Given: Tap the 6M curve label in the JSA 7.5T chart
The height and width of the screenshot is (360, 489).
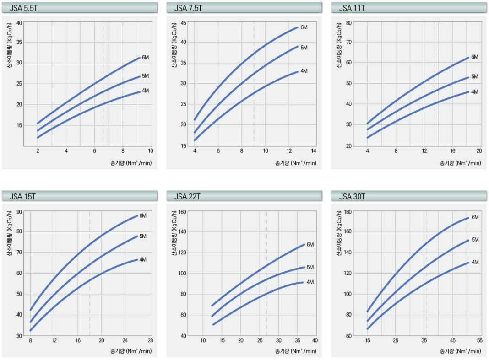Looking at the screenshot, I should pos(304,27).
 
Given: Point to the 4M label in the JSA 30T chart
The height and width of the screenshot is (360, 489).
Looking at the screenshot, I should pos(475,262).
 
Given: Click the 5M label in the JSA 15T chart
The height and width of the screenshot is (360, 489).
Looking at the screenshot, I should pos(143,236).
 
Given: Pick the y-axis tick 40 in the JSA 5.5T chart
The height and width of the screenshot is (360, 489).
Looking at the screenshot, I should pos(19,22).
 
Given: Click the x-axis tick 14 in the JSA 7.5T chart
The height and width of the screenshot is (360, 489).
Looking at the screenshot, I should pos(313,151).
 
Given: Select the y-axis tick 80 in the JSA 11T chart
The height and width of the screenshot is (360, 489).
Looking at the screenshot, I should pos(348,22).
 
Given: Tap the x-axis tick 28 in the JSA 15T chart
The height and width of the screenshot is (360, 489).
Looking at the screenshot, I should pos(150,340).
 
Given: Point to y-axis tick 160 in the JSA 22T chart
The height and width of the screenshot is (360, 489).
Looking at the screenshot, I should pos(182,212).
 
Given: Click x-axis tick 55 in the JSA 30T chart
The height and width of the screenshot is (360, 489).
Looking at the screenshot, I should pos(479,340).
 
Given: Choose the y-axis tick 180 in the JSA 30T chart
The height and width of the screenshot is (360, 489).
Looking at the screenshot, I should pos(347,212).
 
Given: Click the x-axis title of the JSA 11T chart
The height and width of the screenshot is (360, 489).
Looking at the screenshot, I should pos(460,163).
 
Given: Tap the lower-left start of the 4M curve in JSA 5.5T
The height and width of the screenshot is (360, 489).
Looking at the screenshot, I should pos(38,137).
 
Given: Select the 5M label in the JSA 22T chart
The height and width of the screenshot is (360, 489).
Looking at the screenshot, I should pos(310,267).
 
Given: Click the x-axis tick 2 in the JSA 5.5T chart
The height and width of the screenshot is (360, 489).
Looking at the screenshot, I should pos(38,151).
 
